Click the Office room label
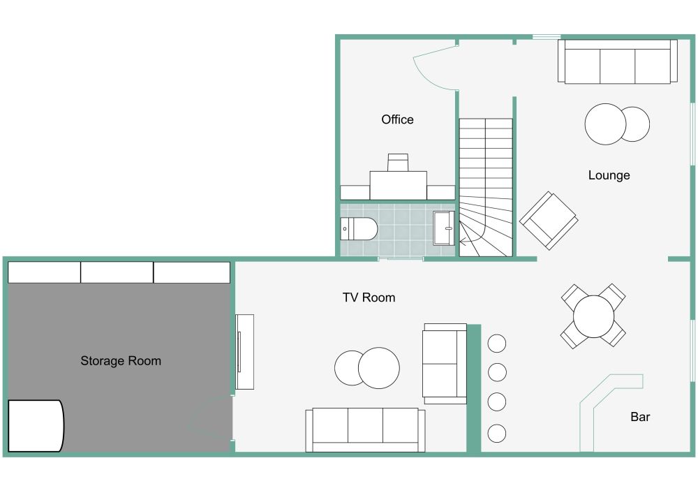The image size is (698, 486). pos(397,119)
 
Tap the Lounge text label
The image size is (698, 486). pos(609,175)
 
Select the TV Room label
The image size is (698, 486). pos(369,297)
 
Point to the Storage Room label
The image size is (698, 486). pos(121,361)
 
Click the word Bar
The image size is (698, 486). pos(640,417)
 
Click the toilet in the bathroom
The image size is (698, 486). pos(359,228)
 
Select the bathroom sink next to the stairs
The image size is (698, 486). pos(444,228)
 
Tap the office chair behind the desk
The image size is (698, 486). pos(398,162)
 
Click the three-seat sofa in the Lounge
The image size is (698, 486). pos(618,61)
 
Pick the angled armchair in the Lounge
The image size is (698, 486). pos(549,220)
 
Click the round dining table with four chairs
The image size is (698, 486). pos(593,316)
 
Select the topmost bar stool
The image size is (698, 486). pos(497,343)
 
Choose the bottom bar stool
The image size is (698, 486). pos(497,434)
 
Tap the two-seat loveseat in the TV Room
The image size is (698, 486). pos(445,363)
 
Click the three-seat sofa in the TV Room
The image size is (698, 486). pos(365,429)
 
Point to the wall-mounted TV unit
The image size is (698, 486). pos(244,352)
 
